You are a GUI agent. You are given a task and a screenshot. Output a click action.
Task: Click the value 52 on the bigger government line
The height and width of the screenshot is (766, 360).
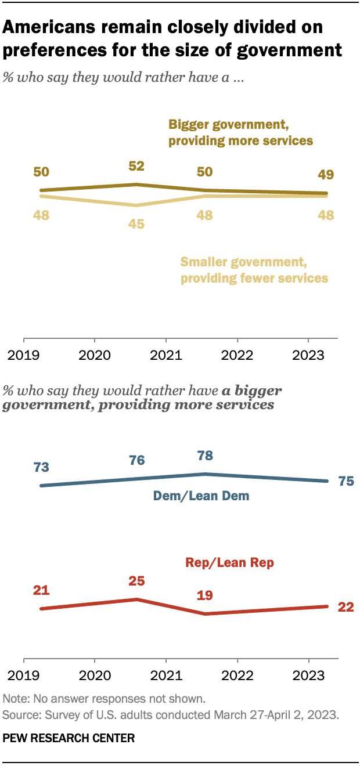click(x=136, y=167)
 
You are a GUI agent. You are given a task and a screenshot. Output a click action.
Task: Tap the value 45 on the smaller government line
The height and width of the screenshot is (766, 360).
click(x=136, y=223)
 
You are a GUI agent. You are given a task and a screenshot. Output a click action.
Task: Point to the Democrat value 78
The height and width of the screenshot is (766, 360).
click(x=205, y=456)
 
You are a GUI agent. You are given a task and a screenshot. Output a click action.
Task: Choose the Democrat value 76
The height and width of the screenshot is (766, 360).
click(x=136, y=460)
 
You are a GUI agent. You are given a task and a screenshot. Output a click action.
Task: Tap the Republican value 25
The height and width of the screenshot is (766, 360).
click(x=136, y=581)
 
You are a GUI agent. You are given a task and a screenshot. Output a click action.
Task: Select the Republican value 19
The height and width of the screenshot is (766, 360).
click(x=205, y=595)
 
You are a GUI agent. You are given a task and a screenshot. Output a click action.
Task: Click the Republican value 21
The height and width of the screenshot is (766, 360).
click(x=41, y=591)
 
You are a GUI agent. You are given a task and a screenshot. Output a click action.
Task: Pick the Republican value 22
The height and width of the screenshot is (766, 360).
click(x=345, y=607)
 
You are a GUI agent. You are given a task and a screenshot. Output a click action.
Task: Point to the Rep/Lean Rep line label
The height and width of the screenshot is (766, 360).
click(x=229, y=562)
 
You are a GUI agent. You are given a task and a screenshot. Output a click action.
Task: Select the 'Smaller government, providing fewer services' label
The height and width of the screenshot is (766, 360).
click(x=254, y=270)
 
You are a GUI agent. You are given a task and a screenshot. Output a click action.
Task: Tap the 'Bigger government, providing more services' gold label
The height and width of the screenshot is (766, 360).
click(x=240, y=132)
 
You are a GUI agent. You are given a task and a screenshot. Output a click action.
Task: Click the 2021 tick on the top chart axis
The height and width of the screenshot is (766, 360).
click(x=166, y=355)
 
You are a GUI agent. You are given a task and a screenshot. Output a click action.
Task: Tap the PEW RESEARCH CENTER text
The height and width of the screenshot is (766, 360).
click(x=69, y=739)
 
